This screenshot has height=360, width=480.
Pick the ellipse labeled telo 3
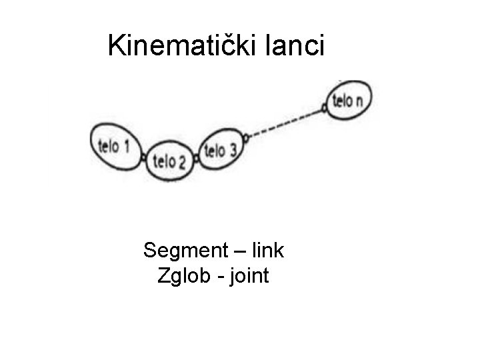pos(221,150)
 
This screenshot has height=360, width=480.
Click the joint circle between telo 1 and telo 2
pos(144,157)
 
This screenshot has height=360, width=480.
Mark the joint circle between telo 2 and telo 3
pos(197,159)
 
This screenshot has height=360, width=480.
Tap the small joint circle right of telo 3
pos(245,139)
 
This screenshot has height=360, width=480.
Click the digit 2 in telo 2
pos(181,161)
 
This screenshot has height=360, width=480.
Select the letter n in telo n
pos(360,101)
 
